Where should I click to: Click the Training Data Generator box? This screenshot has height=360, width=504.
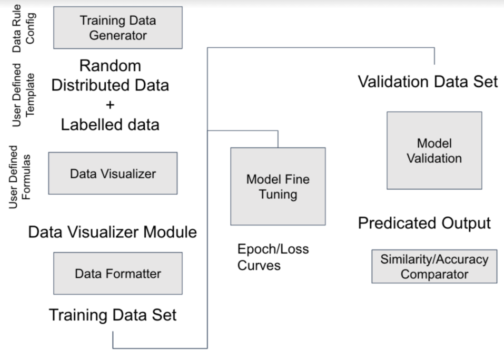tap(118, 28)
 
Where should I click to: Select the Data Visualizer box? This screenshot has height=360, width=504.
tap(113, 174)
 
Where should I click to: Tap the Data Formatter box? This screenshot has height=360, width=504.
tap(118, 273)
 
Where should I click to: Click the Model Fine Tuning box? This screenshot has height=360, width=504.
tap(278, 186)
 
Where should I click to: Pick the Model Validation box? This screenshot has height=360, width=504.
tap(434, 150)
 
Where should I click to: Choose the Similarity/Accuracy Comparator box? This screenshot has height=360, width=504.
tap(434, 266)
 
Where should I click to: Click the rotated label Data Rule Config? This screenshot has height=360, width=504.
tap(23, 28)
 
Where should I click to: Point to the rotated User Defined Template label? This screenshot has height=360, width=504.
tap(23, 95)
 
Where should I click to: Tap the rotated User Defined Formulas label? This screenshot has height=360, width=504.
tap(20, 177)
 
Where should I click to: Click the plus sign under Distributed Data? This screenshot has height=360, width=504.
tap(110, 105)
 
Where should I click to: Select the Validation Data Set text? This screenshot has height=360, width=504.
tap(428, 82)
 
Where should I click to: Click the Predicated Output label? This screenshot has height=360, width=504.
tap(425, 223)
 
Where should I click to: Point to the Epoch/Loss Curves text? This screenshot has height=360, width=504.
tap(273, 257)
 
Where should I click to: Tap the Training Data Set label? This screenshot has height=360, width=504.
tap(112, 315)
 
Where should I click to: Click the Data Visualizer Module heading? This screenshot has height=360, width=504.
tap(112, 232)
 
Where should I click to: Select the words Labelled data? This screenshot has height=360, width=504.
tap(110, 125)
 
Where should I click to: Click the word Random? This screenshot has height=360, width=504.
tap(110, 66)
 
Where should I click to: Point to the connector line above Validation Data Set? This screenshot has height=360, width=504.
tap(321, 48)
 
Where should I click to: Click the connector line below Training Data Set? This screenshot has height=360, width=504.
tap(160, 348)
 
